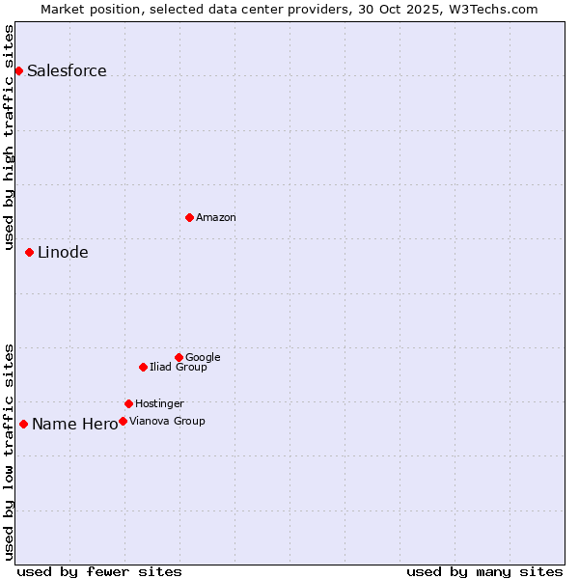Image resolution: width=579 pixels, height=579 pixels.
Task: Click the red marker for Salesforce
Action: (18, 70)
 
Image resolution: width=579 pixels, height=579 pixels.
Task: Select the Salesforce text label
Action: (67, 71)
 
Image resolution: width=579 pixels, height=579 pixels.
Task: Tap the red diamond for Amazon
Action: (189, 217)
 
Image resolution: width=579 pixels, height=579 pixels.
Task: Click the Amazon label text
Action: (216, 218)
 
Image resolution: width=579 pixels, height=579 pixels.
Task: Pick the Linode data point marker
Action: (29, 252)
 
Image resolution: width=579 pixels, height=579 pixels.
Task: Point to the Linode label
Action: (63, 253)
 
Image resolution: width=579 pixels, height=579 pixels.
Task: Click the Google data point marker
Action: (179, 357)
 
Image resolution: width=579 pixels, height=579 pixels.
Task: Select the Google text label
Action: (203, 358)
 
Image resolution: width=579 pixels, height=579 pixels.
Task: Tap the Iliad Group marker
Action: (143, 367)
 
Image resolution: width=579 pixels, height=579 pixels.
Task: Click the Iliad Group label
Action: (179, 368)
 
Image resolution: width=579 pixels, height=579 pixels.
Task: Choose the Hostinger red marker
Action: (128, 403)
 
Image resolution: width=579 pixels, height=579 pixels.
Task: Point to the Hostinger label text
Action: (159, 404)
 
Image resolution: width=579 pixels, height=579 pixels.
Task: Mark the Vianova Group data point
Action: (123, 421)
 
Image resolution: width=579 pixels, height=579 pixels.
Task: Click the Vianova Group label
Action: (167, 422)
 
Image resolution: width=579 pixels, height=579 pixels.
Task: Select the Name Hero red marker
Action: (23, 424)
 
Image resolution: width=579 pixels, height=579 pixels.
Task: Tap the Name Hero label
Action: (74, 425)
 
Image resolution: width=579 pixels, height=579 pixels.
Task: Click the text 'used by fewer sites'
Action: (99, 571)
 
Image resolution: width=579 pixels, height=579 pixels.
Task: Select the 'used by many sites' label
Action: (484, 571)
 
